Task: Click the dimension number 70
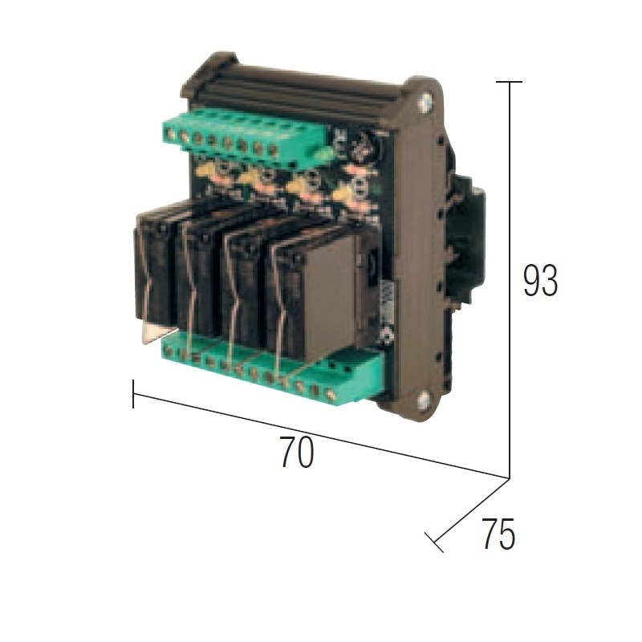297,452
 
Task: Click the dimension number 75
498,534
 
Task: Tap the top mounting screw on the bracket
425,103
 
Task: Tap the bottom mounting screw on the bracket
424,398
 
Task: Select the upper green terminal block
246,139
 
